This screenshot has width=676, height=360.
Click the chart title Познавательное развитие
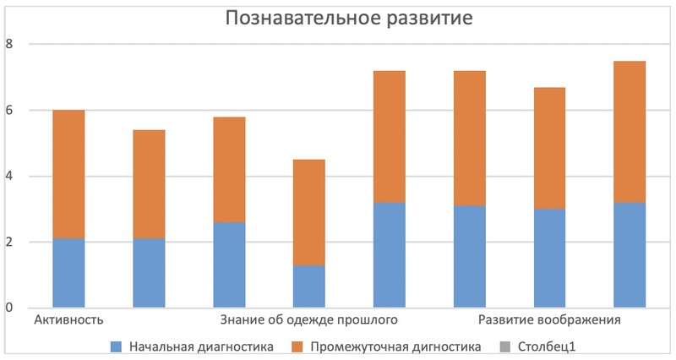coord(347,19)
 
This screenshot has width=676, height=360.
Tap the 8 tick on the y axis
coord(10,44)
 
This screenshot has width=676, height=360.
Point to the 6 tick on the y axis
coord(10,110)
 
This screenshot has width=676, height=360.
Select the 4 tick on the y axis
coord(10,176)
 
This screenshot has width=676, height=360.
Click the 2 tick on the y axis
coord(10,242)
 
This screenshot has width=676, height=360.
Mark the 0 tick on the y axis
coord(10,308)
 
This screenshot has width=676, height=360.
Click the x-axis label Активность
coord(68,320)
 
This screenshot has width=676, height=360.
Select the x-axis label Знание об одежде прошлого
coord(309,320)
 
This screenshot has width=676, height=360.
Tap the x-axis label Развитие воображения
coord(550,320)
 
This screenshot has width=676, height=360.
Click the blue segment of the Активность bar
coord(68,273)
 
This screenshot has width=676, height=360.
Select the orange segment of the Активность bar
coord(68,174)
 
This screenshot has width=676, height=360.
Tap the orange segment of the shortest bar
coord(309,212)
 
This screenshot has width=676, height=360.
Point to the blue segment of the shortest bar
coord(309,286)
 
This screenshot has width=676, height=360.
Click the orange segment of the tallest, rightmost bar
coord(630,132)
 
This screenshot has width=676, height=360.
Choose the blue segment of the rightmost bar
coord(630,255)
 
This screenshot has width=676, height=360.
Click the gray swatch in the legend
coord(506,346)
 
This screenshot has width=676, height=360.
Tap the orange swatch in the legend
coord(297,346)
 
